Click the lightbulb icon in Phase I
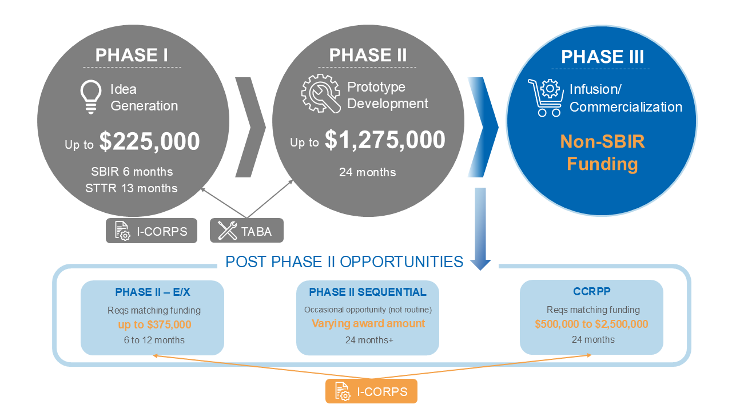coord(90,97)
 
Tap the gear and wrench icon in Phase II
coord(321,93)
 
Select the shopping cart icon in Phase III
coord(546,97)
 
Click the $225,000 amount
coord(149,141)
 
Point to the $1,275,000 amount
coord(385,140)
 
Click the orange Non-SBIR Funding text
coord(602,152)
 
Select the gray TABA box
coord(246,231)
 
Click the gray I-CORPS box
coord(152,231)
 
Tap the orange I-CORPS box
coord(371,391)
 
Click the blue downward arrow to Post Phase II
coord(480,229)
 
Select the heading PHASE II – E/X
coord(153,292)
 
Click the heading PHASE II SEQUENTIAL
coord(368,292)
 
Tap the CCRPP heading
coord(592,291)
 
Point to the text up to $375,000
coord(154,324)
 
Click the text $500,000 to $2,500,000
coord(591,324)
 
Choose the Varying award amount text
coord(368,323)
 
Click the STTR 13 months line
coord(132,188)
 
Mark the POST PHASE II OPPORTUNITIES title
coord(344,262)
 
